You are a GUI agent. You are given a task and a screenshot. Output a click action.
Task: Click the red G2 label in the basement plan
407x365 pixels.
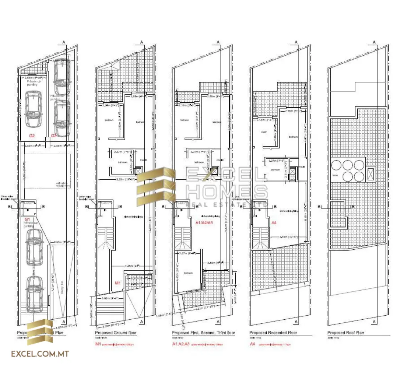32,136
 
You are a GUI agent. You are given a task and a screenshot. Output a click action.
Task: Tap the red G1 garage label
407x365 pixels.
27,219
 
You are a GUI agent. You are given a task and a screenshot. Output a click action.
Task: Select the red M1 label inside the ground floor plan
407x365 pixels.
118,283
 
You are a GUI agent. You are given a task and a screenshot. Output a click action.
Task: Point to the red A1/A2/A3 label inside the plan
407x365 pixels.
204,223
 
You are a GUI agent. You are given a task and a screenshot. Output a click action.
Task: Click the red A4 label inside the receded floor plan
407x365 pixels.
274,223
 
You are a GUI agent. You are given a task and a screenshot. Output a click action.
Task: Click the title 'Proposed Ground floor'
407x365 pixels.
117,333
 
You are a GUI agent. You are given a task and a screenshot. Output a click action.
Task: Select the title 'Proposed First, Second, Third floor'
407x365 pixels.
203,333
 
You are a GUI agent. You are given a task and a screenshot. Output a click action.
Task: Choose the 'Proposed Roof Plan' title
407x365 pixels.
346,333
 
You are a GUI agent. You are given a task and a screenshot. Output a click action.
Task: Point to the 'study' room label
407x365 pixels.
264,132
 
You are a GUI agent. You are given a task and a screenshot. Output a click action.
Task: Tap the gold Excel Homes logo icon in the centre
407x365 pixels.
156,187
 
